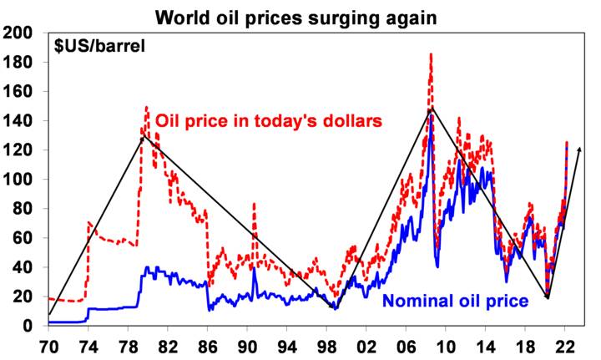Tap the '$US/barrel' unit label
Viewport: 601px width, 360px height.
98,45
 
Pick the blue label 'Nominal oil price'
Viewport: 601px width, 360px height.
455,300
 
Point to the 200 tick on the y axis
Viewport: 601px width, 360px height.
18,33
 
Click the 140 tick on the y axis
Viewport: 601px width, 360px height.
18,120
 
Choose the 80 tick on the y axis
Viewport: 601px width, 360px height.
23,208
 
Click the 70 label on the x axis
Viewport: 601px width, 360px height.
48,344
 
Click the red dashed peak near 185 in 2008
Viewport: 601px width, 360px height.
431,54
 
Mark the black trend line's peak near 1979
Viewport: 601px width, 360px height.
143,134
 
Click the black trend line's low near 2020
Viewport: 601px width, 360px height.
548,297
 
